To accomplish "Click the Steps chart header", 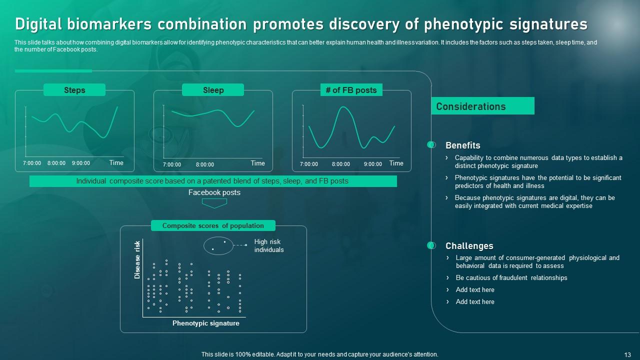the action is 74,89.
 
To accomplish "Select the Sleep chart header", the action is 213,89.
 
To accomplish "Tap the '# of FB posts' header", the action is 351,89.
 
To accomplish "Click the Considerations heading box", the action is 482,105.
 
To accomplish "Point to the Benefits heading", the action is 463,145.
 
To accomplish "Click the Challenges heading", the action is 469,246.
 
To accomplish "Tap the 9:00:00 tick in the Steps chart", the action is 81,163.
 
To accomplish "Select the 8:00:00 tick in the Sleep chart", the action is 205,164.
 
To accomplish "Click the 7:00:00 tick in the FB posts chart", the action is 309,164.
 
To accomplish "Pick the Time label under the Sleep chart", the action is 257,163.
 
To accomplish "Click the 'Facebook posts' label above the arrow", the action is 214,192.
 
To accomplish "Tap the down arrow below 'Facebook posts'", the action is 214,203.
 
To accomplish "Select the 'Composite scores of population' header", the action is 213,225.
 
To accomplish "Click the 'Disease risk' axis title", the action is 137,259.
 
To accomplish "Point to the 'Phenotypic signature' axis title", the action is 205,323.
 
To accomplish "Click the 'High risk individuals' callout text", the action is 269,245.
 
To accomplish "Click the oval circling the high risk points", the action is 203,245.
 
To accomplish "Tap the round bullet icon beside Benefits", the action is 431,144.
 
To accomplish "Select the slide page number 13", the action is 627,355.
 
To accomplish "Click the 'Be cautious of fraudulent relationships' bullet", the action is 511,277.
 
